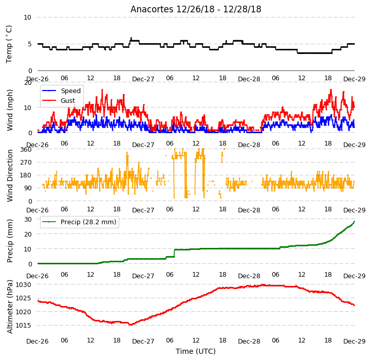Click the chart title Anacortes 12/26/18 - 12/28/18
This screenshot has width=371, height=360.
pyautogui.click(x=196, y=9)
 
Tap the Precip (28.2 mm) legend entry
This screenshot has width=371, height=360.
pyautogui.click(x=79, y=222)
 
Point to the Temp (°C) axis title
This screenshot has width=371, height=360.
pyautogui.click(x=9, y=44)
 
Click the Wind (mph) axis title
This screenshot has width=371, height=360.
pyautogui.click(x=10, y=110)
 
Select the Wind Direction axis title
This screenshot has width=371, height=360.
pyautogui.click(x=10, y=175)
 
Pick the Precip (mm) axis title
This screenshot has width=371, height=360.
pyautogui.click(x=10, y=241)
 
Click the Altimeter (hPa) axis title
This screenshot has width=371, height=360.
pyautogui.click(x=10, y=307)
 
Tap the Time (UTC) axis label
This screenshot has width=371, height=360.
pyautogui.click(x=196, y=351)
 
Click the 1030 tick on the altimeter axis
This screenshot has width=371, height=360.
pyautogui.click(x=24, y=285)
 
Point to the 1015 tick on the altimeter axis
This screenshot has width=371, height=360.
pyautogui.click(x=24, y=325)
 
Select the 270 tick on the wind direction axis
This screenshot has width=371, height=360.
pyautogui.click(x=25, y=163)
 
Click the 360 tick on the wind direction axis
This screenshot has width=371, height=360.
pyautogui.click(x=25, y=150)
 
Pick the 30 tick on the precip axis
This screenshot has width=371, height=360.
pyautogui.click(x=28, y=219)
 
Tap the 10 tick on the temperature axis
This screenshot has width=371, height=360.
pyautogui.click(x=27, y=17)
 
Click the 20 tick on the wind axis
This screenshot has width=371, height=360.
pyautogui.click(x=28, y=83)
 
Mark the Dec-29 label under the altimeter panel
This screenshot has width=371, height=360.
pyautogui.click(x=355, y=341)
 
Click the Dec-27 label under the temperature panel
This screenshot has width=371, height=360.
pyautogui.click(x=143, y=79)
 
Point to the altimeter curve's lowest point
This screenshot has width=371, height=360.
pyautogui.click(x=131, y=325)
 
